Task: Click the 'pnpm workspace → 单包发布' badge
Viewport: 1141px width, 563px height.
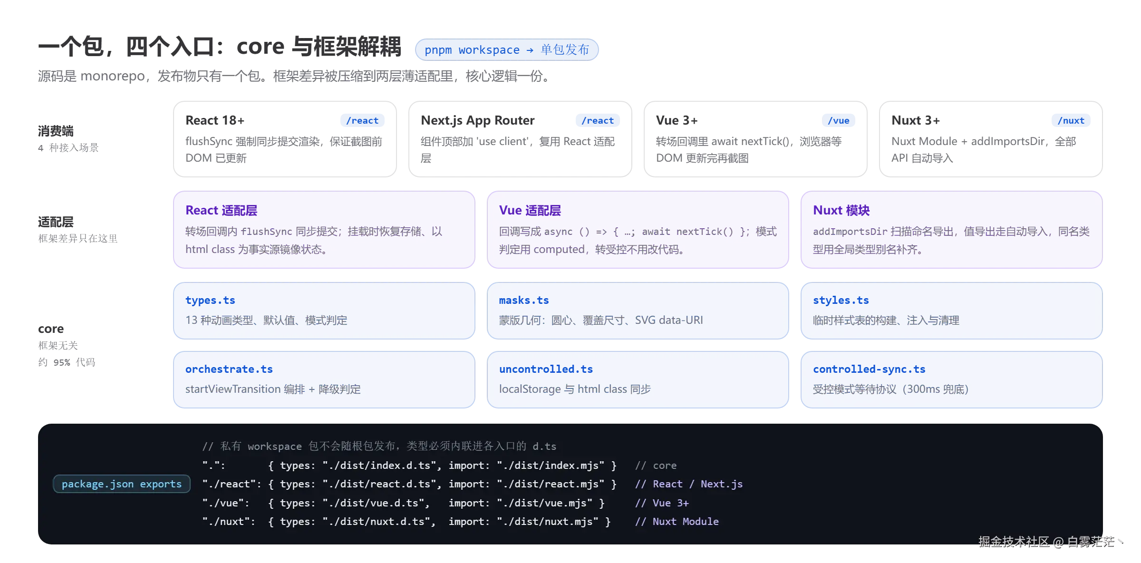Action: click(507, 50)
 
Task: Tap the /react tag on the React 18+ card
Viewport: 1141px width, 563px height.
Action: click(362, 121)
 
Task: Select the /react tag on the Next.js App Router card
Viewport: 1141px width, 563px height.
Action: click(598, 121)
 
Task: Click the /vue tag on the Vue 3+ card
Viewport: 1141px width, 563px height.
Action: click(839, 121)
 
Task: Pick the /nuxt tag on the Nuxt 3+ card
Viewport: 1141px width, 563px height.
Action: click(1071, 121)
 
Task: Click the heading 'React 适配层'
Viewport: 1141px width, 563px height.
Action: click(221, 210)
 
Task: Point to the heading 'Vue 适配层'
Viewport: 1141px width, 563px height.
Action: click(530, 210)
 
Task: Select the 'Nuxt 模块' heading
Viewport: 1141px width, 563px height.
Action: click(841, 210)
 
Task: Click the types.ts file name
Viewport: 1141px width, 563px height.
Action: click(210, 301)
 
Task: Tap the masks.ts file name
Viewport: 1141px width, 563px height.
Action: click(524, 301)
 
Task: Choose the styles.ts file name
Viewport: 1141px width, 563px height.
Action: click(841, 301)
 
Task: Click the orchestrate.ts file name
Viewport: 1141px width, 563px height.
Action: click(229, 369)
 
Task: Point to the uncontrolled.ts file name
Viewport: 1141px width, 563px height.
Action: click(546, 369)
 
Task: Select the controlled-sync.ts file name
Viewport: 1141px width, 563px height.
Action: click(869, 369)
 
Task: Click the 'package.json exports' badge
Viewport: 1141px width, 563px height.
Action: click(122, 484)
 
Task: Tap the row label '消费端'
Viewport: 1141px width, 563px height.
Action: click(56, 131)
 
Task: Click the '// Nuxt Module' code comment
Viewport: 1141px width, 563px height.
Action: click(677, 522)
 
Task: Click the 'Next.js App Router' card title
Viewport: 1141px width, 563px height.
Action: click(477, 121)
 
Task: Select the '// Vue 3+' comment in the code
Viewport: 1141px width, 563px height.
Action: click(662, 503)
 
